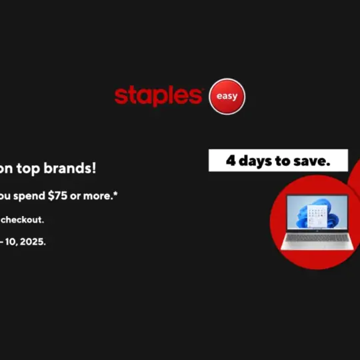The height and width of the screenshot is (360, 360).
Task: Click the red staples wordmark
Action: (158, 96)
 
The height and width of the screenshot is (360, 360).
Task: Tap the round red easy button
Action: (227, 97)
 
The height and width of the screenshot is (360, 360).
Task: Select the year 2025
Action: (31, 242)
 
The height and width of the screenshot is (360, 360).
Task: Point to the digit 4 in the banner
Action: (231, 161)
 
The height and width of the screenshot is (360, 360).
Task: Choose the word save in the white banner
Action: (314, 161)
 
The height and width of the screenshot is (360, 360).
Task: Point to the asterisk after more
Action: (117, 193)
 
